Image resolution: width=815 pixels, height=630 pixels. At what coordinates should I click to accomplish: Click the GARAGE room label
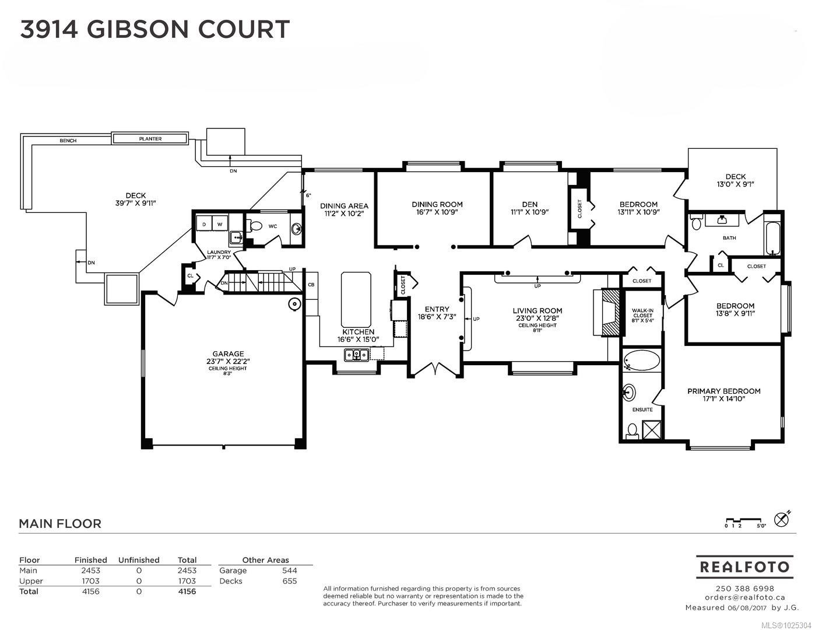coord(228,353)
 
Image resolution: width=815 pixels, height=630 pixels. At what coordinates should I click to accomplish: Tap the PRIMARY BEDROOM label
coord(724,391)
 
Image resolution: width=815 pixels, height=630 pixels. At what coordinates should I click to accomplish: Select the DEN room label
coord(529,204)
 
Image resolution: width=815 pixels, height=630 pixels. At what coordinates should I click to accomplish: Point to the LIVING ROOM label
coord(538,310)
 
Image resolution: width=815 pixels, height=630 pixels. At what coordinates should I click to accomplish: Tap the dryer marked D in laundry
coord(204,224)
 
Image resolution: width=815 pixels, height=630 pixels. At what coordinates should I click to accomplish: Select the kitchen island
coord(356,299)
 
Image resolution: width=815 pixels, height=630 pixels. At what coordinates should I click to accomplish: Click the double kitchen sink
coord(357,354)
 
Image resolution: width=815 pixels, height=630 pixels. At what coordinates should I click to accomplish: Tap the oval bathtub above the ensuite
coord(642,360)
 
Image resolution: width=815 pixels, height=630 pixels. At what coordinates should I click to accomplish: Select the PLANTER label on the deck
coord(150,138)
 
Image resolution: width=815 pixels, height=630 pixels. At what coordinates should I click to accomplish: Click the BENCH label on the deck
coord(68,141)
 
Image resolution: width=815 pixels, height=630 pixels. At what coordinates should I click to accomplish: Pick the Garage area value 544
coord(290,570)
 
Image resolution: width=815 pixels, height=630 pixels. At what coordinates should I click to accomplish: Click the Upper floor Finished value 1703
coord(90,581)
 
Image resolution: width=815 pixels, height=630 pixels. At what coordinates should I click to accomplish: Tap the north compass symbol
coord(782,519)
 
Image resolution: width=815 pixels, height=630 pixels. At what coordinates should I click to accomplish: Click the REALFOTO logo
coord(744,566)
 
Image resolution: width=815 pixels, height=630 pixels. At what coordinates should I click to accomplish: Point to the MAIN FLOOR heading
coord(60,523)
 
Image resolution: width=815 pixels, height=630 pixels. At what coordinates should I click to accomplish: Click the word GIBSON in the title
coord(137,29)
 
